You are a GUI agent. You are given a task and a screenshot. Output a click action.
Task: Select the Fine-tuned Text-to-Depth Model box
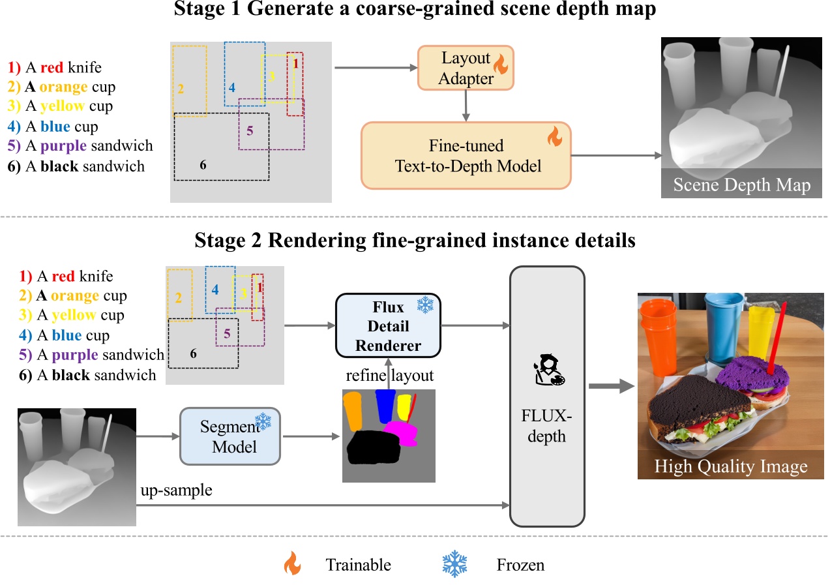point(466,155)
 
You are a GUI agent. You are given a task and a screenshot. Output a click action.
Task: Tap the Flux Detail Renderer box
point(388,325)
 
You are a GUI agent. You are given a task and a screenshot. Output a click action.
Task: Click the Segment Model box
point(230,436)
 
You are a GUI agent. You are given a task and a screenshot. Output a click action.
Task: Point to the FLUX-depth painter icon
point(546,369)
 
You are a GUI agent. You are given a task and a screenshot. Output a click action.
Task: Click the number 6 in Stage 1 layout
point(203,164)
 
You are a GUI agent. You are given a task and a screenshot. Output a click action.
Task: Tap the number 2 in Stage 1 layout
point(181,88)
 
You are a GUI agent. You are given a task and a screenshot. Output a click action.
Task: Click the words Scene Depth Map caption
point(741,185)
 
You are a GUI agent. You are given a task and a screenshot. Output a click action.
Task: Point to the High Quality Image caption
point(730,467)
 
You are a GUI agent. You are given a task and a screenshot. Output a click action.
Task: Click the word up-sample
point(177,490)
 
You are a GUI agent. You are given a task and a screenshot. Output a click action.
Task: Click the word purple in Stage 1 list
point(65,146)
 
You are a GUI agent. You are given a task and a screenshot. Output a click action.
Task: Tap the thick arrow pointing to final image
point(611,387)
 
